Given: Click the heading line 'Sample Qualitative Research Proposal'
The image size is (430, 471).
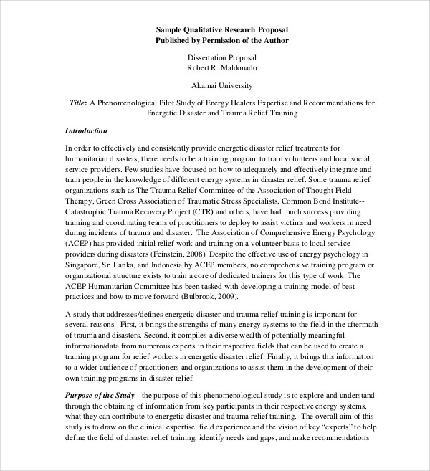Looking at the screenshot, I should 222,29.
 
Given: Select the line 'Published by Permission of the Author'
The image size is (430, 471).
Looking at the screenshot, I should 222,40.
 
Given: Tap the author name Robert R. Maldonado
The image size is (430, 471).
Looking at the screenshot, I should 222,67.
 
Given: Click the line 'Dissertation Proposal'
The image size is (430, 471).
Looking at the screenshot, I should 222,57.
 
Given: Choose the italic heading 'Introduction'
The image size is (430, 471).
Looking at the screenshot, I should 86,131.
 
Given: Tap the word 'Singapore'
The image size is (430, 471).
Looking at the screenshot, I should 87,254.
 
